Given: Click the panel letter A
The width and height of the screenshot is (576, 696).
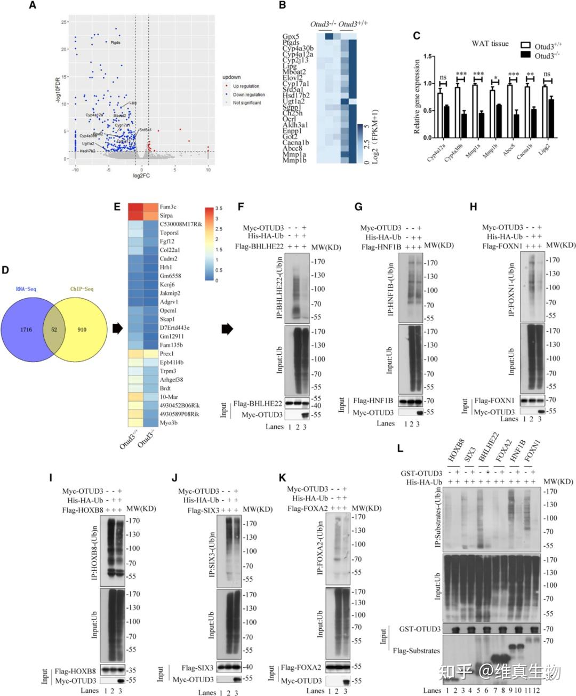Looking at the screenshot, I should [x=33, y=6].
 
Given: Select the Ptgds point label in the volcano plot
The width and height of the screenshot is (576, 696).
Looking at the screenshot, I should [x=115, y=43].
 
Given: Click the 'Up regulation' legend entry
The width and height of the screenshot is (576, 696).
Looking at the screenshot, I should [x=246, y=86].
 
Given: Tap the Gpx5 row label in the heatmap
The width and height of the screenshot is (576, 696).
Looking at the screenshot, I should [x=291, y=36].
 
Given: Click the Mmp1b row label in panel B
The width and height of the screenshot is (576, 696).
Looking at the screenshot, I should [x=294, y=160].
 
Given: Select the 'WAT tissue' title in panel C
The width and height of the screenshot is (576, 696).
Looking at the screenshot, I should [x=490, y=44].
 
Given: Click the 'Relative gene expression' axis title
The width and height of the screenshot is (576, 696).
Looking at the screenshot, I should [x=417, y=96].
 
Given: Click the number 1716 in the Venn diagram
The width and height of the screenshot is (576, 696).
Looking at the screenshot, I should [x=26, y=330].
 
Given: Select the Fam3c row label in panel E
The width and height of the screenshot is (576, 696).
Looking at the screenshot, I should [x=168, y=207].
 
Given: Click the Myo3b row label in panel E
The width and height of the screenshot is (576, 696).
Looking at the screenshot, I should [x=169, y=423].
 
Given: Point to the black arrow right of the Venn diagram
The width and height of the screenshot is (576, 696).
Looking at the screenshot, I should [x=117, y=330].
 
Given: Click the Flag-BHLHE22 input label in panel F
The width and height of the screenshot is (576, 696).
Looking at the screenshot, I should [x=258, y=404].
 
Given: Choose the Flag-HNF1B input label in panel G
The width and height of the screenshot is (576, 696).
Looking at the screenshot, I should [x=373, y=401].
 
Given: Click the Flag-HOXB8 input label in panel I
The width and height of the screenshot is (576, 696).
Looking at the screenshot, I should [x=75, y=671].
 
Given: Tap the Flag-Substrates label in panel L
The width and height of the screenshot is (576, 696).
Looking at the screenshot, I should [x=415, y=651].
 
